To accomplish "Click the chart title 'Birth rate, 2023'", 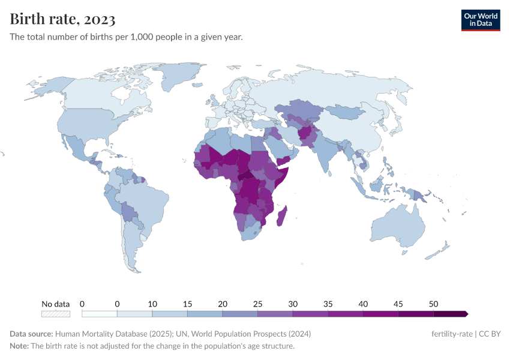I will point(63,19).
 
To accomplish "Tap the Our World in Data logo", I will point(481,20).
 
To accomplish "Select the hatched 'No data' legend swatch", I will point(56,313).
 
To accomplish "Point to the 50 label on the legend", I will point(433,304).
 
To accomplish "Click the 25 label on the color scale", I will point(257,304).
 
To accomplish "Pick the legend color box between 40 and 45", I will point(380,313).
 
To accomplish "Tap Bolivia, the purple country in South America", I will point(127,211).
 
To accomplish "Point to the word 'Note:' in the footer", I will point(19,346).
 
